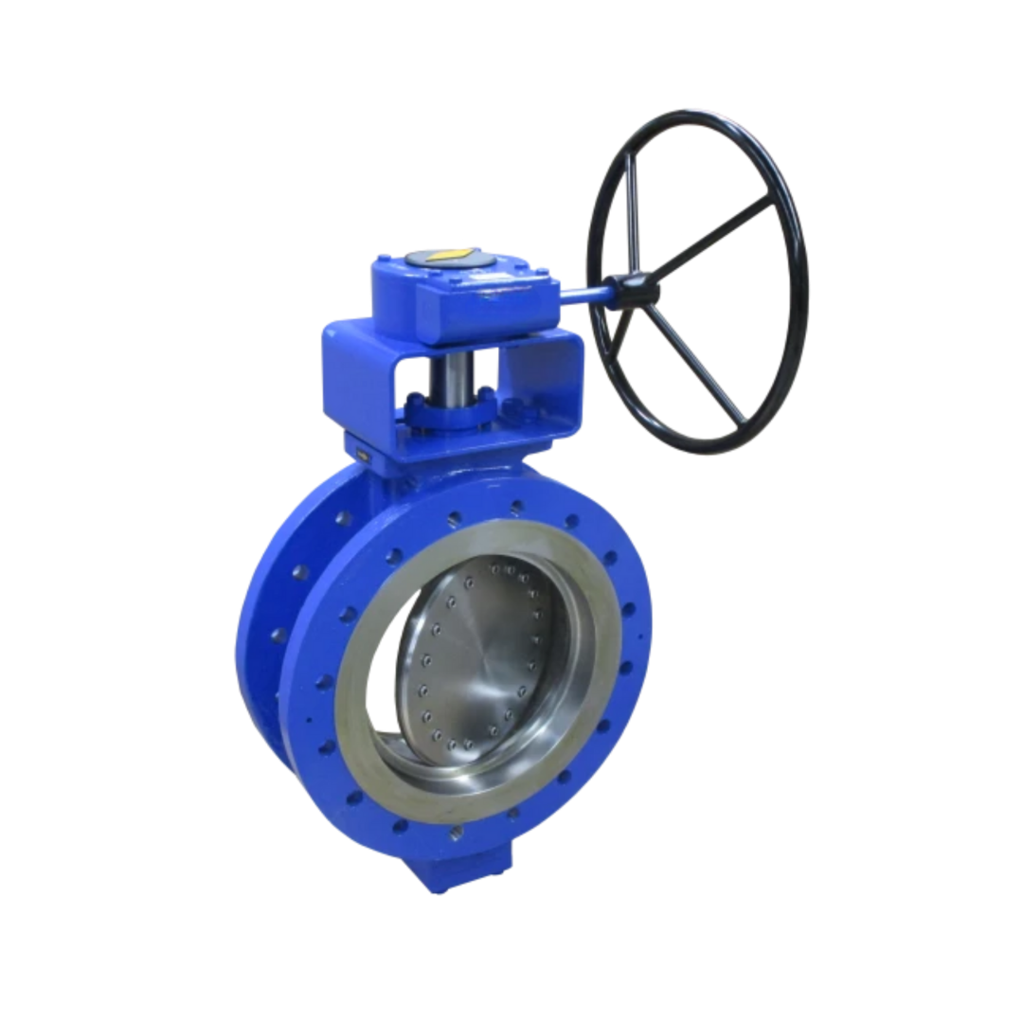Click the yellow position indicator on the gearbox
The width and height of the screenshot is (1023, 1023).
[x=445, y=256]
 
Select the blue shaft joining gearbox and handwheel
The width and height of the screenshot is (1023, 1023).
[x=583, y=296]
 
